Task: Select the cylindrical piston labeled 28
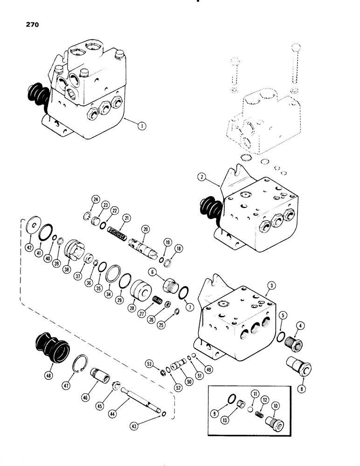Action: tap(141, 293)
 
